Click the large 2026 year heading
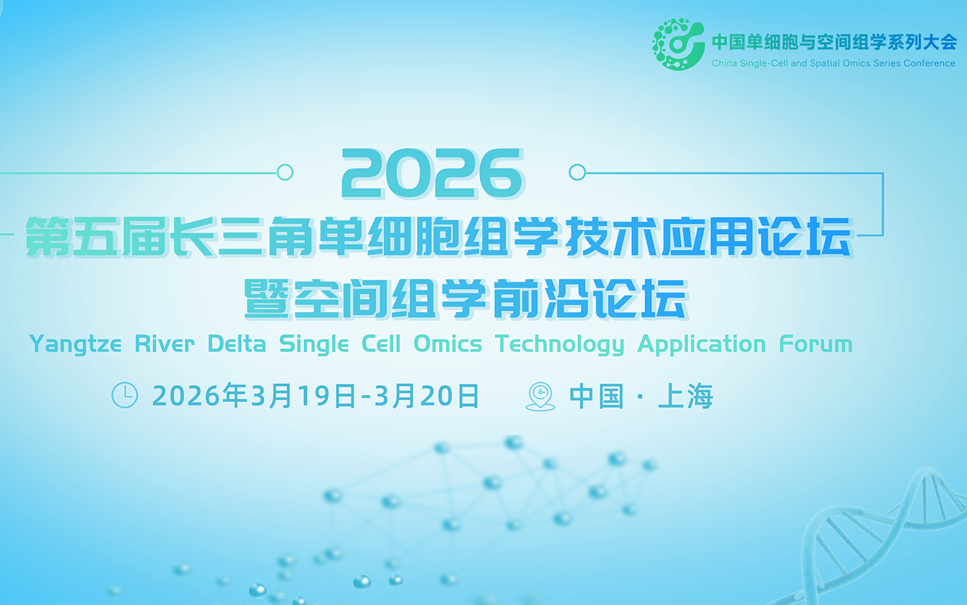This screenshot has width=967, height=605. [432, 173]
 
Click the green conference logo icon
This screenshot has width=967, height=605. [678, 44]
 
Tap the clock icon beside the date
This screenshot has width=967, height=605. [124, 395]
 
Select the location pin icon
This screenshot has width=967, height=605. [541, 396]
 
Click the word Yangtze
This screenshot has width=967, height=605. [75, 344]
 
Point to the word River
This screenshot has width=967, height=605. [165, 344]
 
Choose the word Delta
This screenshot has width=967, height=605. [236, 344]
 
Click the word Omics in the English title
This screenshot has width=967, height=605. [447, 344]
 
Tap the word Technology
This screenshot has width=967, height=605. [559, 344]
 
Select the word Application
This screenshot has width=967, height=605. [701, 344]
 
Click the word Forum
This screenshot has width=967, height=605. [815, 344]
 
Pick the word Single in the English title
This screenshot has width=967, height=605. [314, 344]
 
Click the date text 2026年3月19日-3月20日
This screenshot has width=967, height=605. [316, 396]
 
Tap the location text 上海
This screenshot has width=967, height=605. [686, 396]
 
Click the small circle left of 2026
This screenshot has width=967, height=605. [285, 172]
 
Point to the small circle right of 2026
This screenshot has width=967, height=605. [577, 172]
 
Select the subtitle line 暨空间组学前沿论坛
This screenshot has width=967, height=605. [465, 298]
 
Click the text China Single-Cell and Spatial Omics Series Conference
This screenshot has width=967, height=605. [833, 63]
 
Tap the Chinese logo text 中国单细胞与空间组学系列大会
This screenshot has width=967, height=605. [834, 42]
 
